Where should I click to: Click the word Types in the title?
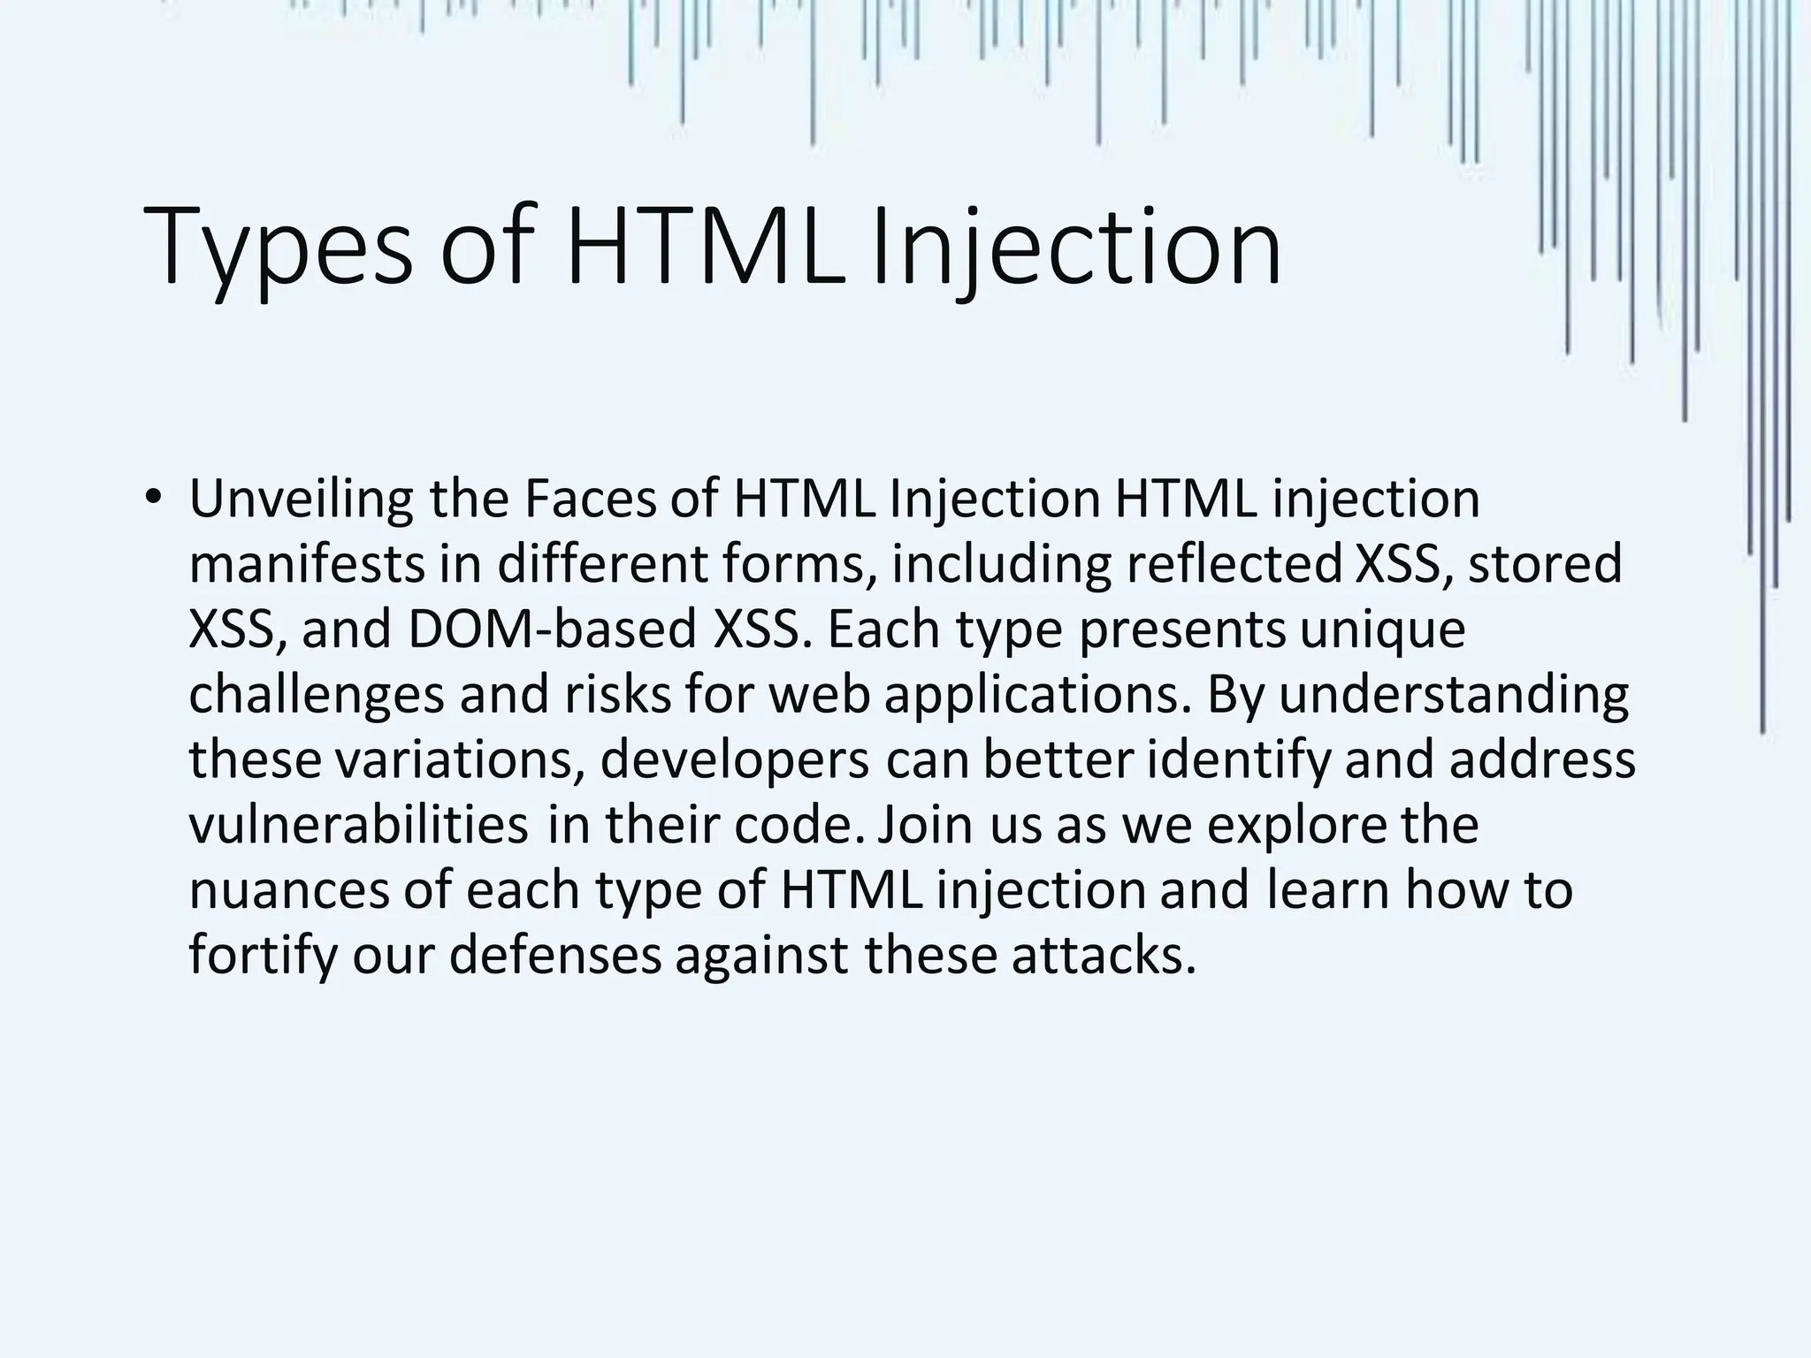[276, 248]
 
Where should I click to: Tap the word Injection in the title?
[1074, 248]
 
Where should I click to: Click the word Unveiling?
[301, 500]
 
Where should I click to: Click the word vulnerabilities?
[358, 827]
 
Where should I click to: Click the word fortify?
[263, 957]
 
